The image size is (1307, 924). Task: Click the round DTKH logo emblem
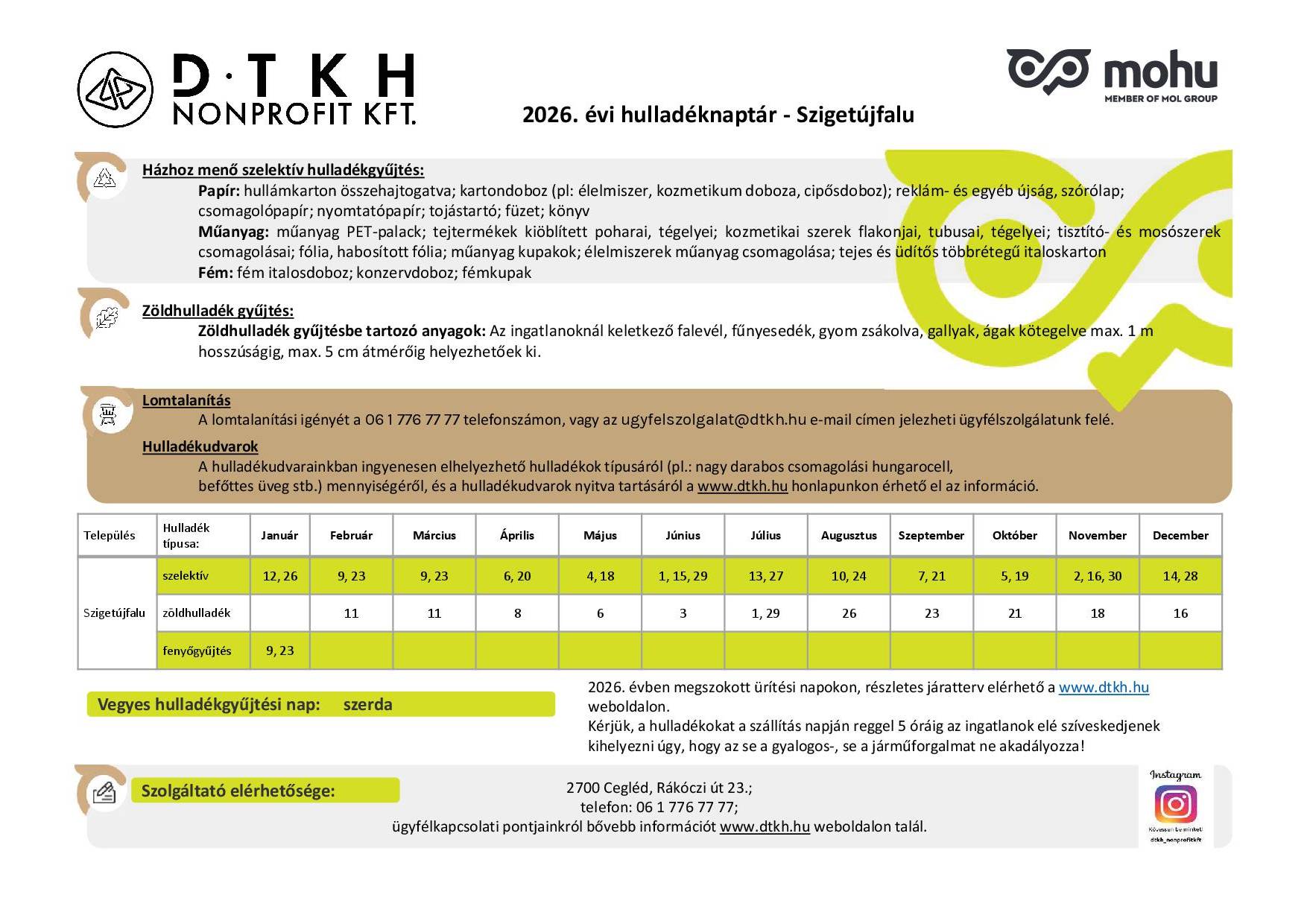tap(115, 89)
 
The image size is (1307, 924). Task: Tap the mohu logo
tap(1112, 75)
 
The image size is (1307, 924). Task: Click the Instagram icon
tap(1175, 804)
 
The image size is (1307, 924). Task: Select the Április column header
tap(517, 535)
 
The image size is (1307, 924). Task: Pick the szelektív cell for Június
tap(683, 576)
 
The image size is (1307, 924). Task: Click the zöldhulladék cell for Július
tap(765, 613)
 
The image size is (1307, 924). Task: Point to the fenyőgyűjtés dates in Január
tap(279, 651)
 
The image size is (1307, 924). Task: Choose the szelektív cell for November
tap(1098, 576)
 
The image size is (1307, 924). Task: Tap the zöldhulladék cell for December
tap(1180, 613)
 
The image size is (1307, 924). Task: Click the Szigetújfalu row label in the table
tap(114, 613)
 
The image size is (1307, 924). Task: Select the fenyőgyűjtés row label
tap(197, 651)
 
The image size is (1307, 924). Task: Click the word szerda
tap(367, 704)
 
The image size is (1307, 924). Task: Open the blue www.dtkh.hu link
tap(1104, 687)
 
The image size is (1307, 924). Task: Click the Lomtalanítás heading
tap(186, 400)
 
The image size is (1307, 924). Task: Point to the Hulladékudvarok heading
tap(200, 446)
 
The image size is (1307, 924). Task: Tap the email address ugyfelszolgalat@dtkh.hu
tap(713, 420)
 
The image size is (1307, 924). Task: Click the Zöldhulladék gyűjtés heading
tap(218, 311)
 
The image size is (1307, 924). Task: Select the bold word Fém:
tap(215, 273)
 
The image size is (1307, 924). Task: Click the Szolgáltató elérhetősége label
tap(238, 791)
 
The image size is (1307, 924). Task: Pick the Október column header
tap(1014, 535)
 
